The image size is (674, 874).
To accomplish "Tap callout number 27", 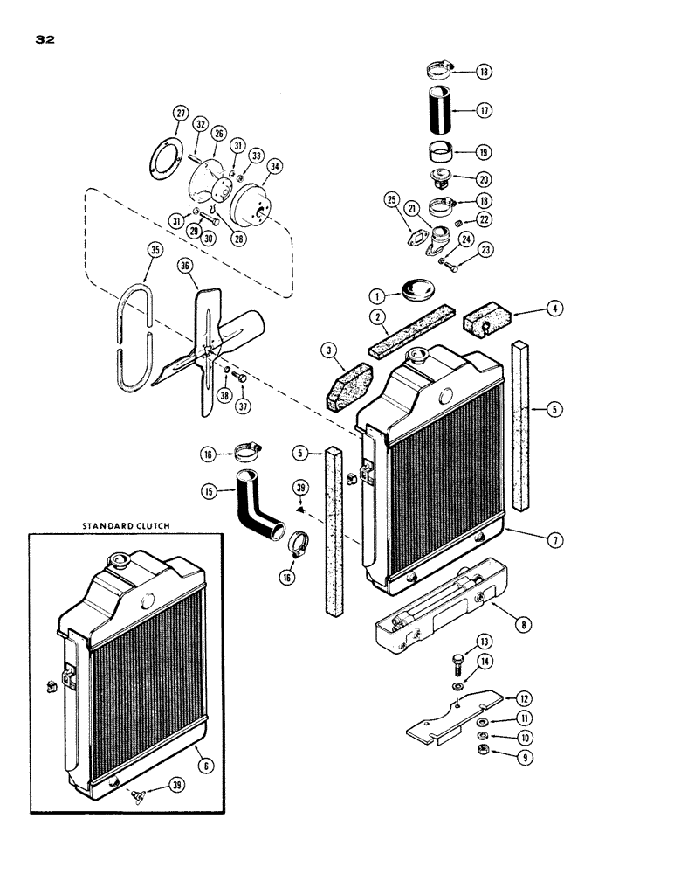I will [181, 113].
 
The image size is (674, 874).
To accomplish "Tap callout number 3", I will [331, 351].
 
